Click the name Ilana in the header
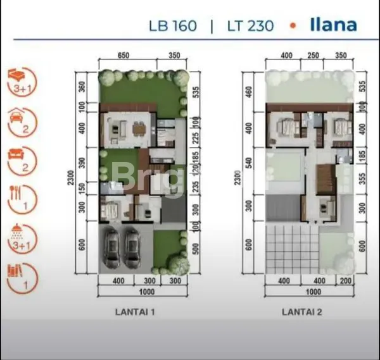coord(333,25)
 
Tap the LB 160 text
coord(172,26)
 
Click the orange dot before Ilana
coord(293,26)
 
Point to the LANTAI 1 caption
coord(135,311)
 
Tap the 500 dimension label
coord(195,249)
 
